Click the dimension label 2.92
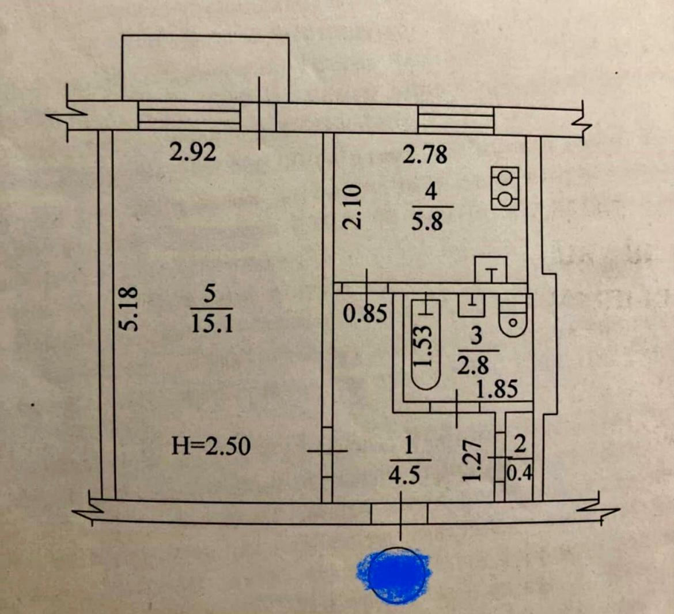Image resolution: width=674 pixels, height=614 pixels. [192, 152]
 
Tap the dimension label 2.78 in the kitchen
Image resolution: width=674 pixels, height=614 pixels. [425, 155]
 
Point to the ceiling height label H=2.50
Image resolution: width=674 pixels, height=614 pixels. [211, 446]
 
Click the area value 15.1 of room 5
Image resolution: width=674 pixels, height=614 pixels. [211, 325]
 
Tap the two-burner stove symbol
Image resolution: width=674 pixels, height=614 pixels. [505, 188]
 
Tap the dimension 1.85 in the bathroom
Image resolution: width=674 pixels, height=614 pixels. [496, 390]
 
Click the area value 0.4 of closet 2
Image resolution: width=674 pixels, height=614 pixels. [520, 473]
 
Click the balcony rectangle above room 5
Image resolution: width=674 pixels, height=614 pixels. [205, 68]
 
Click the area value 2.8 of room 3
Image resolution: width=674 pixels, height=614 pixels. [472, 366]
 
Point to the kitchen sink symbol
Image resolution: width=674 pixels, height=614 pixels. [490, 269]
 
